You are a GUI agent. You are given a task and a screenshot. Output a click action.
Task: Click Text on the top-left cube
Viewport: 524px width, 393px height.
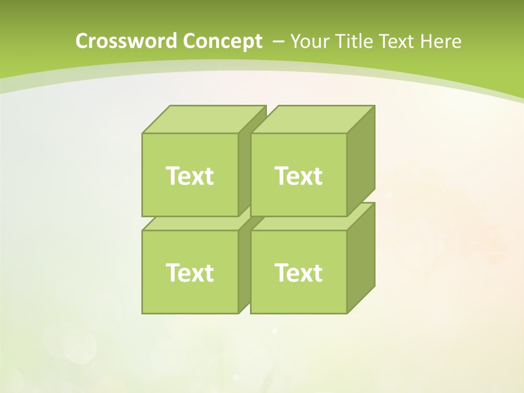189,176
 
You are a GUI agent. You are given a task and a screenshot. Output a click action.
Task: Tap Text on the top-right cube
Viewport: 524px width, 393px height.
299,176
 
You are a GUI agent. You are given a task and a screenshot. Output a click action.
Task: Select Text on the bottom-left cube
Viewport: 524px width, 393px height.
189,272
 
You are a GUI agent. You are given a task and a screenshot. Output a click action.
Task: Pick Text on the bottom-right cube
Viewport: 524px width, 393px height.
299,272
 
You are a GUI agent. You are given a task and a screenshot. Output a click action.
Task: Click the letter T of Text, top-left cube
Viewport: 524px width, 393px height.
173,176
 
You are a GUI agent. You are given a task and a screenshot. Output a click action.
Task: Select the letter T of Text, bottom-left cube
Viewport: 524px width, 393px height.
173,272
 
